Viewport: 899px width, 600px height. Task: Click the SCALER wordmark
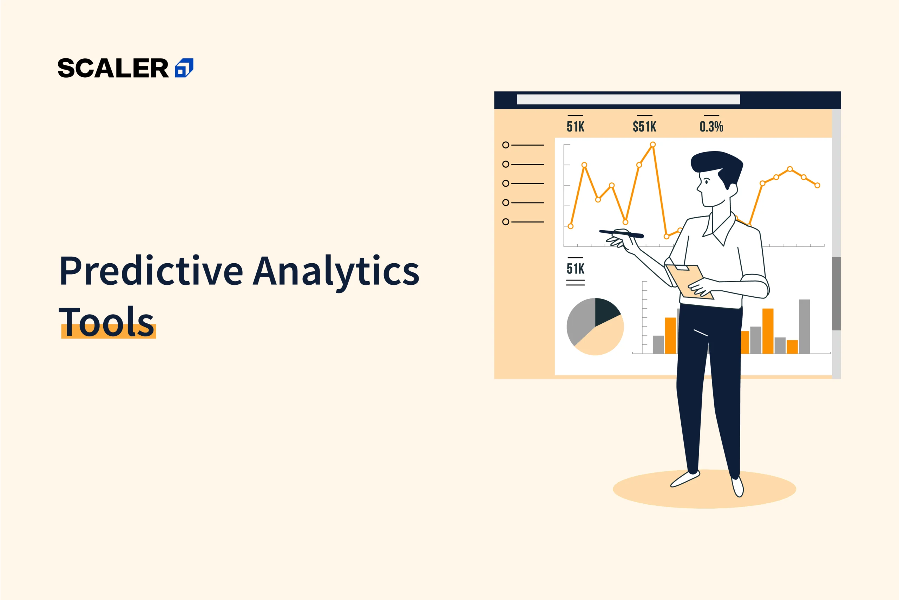pos(113,68)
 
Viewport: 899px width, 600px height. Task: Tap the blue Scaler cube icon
pos(184,68)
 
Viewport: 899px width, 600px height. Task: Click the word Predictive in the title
pos(151,271)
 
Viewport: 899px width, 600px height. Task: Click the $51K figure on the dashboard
pos(644,127)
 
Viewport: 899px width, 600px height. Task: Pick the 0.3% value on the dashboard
pos(711,127)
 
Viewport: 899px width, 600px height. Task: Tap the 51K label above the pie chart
pos(575,269)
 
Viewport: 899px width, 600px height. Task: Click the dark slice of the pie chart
pos(606,310)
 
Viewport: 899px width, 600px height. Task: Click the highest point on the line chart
pos(653,145)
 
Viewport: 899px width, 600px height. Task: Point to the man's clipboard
pos(690,282)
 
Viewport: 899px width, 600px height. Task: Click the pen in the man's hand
pos(622,233)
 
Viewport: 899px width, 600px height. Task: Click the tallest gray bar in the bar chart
pos(804,327)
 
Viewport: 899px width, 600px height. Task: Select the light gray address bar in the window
pos(628,99)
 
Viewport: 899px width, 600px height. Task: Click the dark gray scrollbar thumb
pos(836,293)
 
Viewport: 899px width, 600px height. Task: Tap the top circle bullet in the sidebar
pos(506,145)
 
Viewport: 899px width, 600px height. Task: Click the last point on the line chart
pos(817,186)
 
